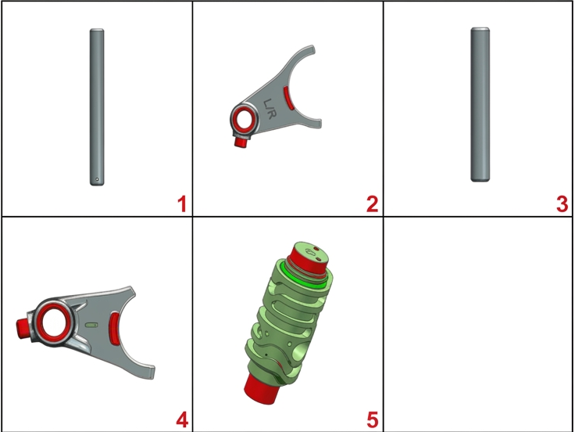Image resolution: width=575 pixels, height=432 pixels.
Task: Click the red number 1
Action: click(x=182, y=204)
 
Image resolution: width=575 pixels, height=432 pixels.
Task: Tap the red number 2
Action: click(x=372, y=204)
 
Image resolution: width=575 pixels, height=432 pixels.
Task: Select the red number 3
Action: click(x=562, y=204)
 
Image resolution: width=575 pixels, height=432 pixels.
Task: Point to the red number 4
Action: click(x=182, y=420)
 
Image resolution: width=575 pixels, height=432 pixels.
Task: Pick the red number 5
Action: click(x=372, y=420)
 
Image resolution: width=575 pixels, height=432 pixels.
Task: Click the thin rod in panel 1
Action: click(x=97, y=107)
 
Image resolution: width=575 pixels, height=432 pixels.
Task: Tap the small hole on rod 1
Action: click(x=97, y=180)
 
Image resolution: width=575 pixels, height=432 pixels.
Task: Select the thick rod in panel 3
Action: click(x=480, y=104)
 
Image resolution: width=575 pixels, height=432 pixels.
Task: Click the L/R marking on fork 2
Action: click(x=269, y=109)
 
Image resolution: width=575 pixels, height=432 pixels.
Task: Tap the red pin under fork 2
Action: click(x=241, y=142)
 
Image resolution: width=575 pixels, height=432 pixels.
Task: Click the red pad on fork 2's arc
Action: click(x=288, y=98)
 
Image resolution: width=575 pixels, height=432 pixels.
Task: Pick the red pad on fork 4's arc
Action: click(x=114, y=329)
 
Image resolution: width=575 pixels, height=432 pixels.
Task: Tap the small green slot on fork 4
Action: click(x=91, y=325)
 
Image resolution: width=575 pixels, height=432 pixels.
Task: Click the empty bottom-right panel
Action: click(x=478, y=323)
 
